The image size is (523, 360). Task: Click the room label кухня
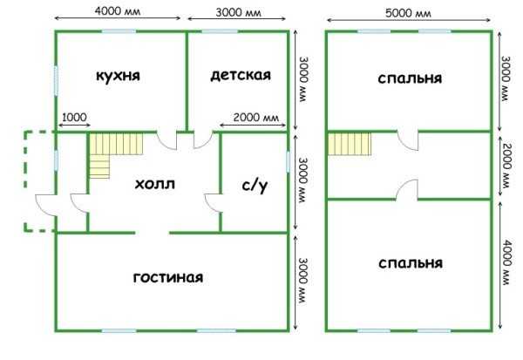click(x=118, y=76)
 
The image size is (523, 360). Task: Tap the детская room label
click(x=241, y=75)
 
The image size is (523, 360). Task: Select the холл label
click(x=155, y=184)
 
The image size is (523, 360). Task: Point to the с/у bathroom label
click(x=255, y=187)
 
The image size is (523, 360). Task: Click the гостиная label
click(x=168, y=277)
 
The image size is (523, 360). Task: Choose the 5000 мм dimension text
click(x=408, y=13)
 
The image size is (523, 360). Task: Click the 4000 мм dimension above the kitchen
click(x=118, y=11)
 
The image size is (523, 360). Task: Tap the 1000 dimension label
click(x=74, y=118)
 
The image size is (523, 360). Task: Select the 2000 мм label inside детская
click(x=255, y=118)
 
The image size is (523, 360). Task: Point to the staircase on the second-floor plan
click(x=350, y=144)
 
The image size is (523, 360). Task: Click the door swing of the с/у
click(x=214, y=202)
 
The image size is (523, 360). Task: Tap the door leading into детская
click(x=203, y=140)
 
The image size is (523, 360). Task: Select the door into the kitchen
click(x=166, y=141)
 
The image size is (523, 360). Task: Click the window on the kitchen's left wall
click(x=56, y=81)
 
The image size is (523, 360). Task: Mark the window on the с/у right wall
click(x=288, y=162)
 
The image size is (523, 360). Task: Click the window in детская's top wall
click(x=220, y=31)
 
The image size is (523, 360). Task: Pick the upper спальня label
click(x=410, y=78)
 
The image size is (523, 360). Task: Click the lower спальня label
click(x=411, y=263)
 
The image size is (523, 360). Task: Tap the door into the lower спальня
click(x=407, y=189)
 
